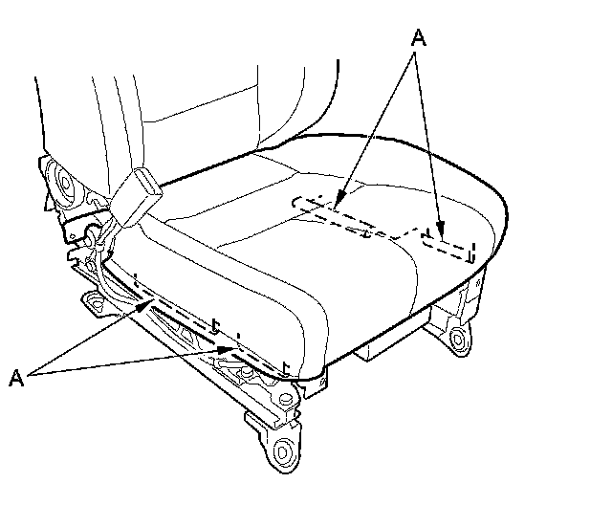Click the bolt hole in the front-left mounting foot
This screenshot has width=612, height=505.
282,451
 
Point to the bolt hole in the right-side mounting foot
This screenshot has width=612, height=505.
461,337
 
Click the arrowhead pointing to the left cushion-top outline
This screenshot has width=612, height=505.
339,204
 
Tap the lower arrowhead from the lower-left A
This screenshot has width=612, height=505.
229,350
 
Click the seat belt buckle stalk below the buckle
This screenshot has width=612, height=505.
120,215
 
